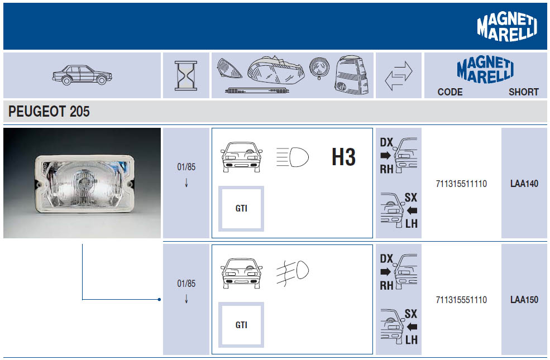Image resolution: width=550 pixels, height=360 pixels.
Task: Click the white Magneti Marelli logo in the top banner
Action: (x=507, y=27)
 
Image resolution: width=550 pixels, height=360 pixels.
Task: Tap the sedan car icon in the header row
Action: (x=82, y=75)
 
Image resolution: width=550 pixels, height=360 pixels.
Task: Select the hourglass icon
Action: (x=186, y=75)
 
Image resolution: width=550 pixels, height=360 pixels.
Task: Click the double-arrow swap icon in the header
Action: (x=399, y=76)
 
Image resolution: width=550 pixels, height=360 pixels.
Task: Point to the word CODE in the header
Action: (x=450, y=92)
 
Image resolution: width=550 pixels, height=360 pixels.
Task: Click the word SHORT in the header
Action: (x=524, y=92)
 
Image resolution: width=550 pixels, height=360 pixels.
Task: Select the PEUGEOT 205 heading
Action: (x=49, y=112)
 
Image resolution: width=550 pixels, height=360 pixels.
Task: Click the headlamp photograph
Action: (x=82, y=183)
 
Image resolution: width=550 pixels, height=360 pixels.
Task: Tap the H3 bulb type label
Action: (x=344, y=157)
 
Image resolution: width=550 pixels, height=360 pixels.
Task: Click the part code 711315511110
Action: (x=461, y=184)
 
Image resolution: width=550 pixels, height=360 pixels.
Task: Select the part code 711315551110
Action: (x=461, y=300)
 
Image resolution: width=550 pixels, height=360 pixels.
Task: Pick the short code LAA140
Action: (x=524, y=184)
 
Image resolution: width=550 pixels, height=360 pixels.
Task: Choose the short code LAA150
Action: (x=524, y=300)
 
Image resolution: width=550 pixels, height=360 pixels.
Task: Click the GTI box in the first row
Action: (x=241, y=209)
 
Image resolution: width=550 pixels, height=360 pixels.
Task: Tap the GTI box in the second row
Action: (x=241, y=325)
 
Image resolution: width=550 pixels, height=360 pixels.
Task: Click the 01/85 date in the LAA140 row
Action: (x=186, y=167)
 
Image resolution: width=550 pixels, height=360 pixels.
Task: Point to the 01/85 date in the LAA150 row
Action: (x=186, y=283)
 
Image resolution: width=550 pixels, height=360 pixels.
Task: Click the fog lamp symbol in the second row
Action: (x=292, y=272)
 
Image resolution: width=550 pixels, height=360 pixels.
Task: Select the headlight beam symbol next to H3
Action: (x=292, y=157)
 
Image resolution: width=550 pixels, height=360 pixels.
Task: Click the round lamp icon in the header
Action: (x=319, y=68)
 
